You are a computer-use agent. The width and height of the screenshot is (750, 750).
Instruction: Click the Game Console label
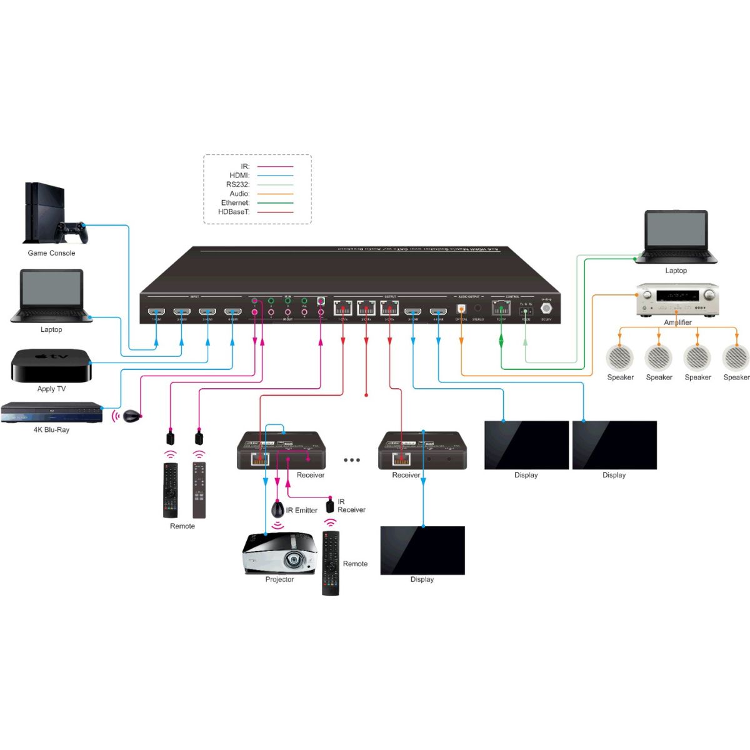51,253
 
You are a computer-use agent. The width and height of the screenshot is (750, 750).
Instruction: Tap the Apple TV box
51,365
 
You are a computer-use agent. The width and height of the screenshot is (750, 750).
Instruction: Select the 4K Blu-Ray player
51,412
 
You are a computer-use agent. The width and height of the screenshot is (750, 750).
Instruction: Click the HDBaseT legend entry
234,212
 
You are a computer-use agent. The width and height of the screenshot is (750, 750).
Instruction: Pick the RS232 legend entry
237,184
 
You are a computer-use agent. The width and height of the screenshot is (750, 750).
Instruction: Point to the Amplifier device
677,299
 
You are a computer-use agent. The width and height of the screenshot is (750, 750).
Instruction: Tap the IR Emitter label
302,510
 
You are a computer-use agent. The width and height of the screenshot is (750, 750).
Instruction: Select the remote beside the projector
331,563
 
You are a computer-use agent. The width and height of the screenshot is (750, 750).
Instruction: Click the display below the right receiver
422,550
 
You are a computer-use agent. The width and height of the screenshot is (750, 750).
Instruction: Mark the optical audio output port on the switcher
461,308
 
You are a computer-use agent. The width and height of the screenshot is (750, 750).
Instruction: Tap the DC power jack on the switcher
546,307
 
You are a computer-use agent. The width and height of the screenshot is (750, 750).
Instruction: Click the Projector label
279,579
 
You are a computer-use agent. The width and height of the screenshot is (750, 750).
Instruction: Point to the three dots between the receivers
352,460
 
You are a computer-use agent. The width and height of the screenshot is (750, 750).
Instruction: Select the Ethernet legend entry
235,202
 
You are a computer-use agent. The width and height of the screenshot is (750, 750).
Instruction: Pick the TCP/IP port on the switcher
501,307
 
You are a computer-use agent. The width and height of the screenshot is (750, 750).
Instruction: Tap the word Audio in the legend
239,194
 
